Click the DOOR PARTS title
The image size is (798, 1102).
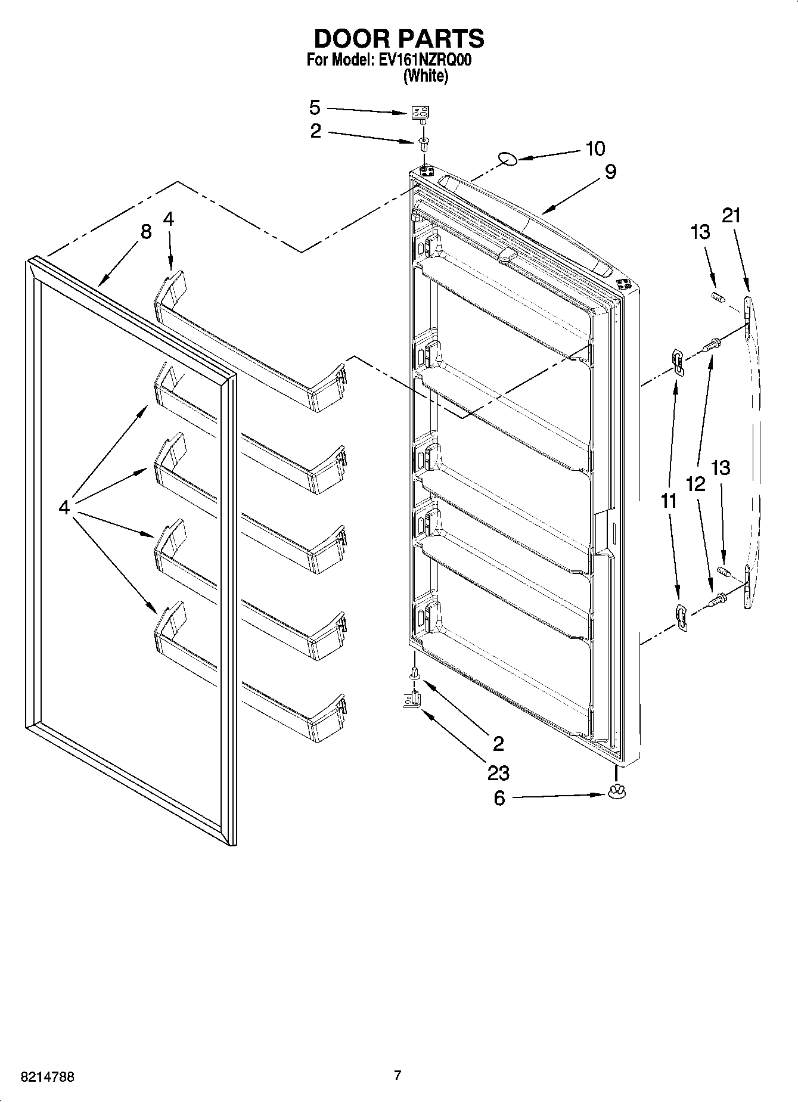pos(399,39)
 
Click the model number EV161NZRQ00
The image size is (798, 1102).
pos(425,61)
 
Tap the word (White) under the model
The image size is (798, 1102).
pos(426,76)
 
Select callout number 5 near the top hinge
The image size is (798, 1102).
pos(315,108)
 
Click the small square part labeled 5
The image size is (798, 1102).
pos(421,113)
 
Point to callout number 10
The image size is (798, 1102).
pos(595,148)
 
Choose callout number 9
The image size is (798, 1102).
pos(610,172)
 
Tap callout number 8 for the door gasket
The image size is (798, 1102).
pos(146,231)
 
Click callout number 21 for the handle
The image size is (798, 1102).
pos(731,215)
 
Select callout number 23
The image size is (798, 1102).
pos(498,773)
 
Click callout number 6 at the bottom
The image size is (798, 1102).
pos(499,798)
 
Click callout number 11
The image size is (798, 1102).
pos(669,501)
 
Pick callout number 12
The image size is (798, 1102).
pos(695,484)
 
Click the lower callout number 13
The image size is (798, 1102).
pos(721,468)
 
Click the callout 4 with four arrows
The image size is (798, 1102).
pos(64,507)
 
